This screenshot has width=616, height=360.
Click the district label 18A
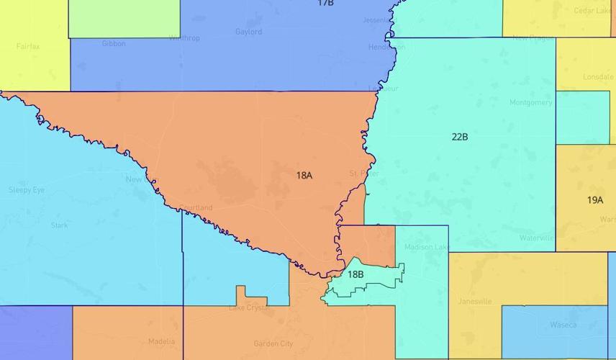(304, 175)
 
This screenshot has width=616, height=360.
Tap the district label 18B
(355, 274)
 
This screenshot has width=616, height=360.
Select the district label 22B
(460, 136)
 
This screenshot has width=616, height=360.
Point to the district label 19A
(595, 200)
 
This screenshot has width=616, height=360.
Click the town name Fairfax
(28, 47)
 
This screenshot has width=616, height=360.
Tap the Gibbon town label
(114, 43)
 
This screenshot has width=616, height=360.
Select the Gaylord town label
(248, 32)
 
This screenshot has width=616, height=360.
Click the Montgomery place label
(531, 103)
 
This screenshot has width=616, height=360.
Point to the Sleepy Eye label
(27, 190)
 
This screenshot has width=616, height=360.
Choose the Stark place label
(60, 225)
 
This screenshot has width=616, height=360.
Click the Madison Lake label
(426, 247)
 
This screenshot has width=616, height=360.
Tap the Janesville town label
(475, 302)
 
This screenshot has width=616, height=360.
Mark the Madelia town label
(161, 341)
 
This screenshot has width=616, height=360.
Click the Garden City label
(273, 343)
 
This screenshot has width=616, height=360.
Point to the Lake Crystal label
(249, 308)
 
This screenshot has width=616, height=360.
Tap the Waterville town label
(537, 238)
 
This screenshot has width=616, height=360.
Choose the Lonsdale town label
(598, 76)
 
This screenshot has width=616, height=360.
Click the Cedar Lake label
(592, 11)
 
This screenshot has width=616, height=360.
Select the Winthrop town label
(184, 38)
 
